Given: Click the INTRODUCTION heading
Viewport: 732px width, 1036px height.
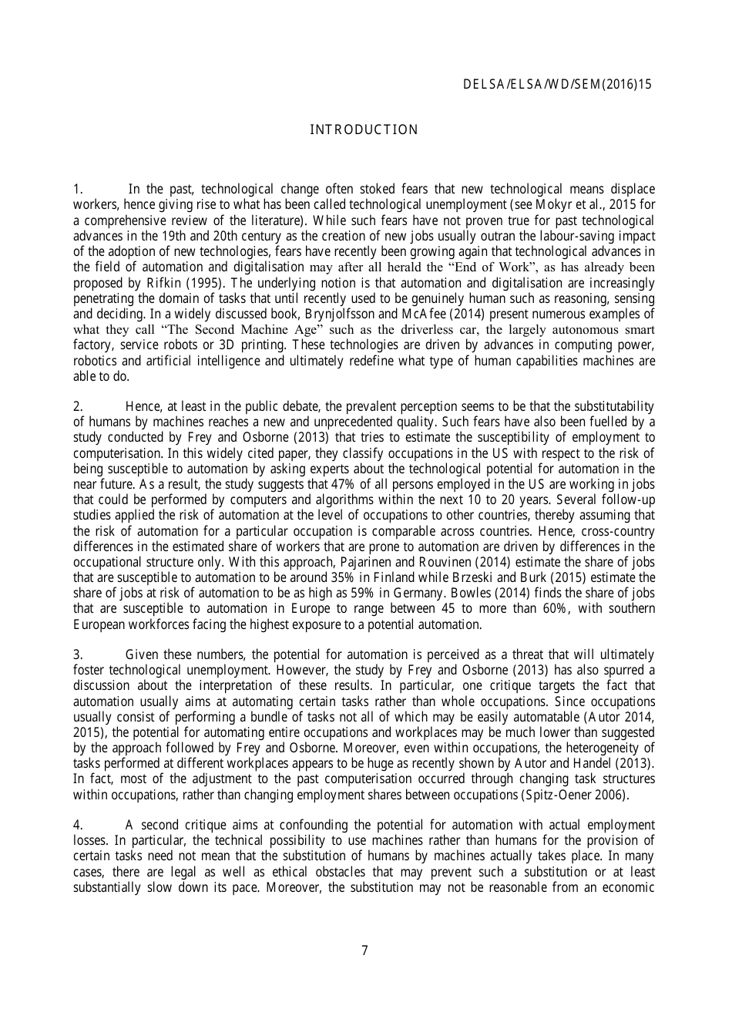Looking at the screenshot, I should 364,130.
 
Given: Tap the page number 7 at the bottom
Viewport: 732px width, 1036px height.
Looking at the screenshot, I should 364,950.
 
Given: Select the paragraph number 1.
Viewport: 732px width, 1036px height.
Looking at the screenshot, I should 77,190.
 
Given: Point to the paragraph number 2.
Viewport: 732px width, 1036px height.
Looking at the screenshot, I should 77,406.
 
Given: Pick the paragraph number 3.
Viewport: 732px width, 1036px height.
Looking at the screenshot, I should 77,654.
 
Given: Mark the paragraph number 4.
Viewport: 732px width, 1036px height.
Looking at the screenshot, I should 77,825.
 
